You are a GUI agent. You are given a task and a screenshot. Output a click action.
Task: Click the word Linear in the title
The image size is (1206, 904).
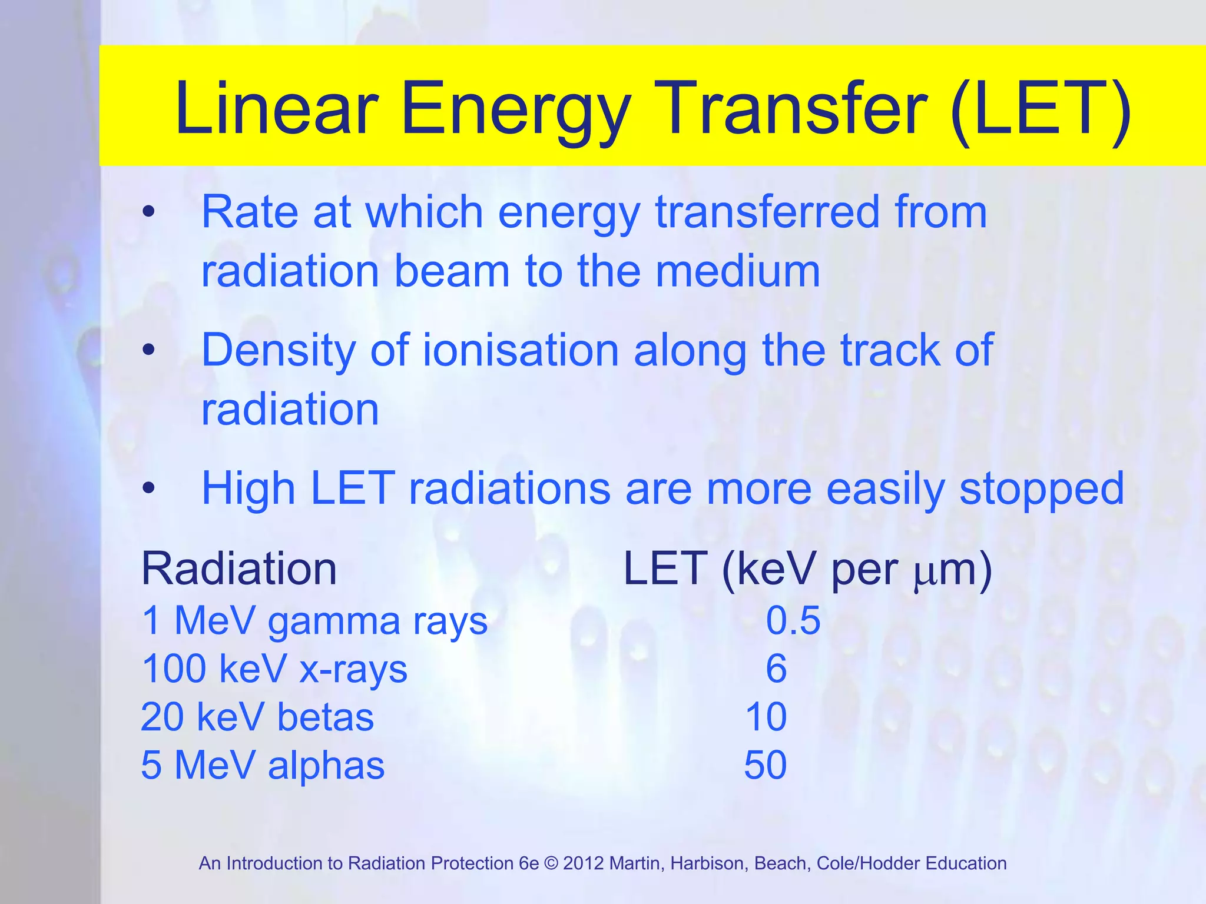click(x=277, y=109)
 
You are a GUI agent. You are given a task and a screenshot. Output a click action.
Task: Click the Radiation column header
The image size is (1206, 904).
click(x=239, y=569)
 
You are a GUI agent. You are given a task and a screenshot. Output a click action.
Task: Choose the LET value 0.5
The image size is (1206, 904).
click(x=793, y=620)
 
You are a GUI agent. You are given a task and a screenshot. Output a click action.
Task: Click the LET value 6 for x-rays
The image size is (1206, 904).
click(x=776, y=669)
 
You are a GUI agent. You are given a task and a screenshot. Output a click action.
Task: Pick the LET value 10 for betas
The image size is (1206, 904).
click(x=766, y=717)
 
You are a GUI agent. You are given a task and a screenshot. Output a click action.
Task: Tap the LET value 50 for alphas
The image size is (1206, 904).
click(x=765, y=765)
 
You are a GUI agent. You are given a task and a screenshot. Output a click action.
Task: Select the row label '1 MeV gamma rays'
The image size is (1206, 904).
click(x=314, y=621)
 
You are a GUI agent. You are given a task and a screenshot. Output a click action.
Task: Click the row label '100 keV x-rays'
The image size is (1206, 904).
click(x=274, y=670)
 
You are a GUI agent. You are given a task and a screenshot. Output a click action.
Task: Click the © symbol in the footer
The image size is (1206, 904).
click(x=551, y=863)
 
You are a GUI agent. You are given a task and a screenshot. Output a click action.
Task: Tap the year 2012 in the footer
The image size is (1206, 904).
click(x=584, y=863)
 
